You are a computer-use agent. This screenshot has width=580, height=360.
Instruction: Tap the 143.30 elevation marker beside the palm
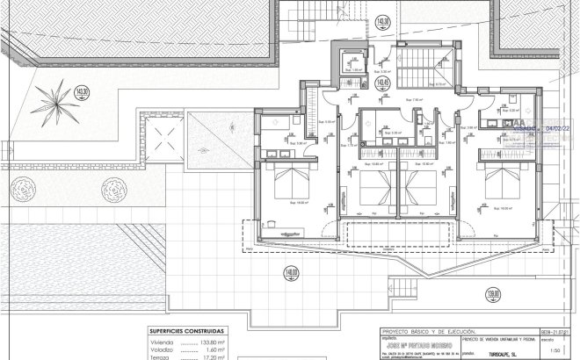(83, 91)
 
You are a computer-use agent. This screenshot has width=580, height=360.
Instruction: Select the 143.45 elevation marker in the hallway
(382, 83)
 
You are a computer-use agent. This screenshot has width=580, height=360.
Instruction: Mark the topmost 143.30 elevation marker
(381, 21)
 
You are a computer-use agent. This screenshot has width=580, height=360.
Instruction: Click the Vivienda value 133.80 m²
(207, 342)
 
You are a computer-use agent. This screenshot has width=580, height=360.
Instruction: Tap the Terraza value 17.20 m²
(207, 357)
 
